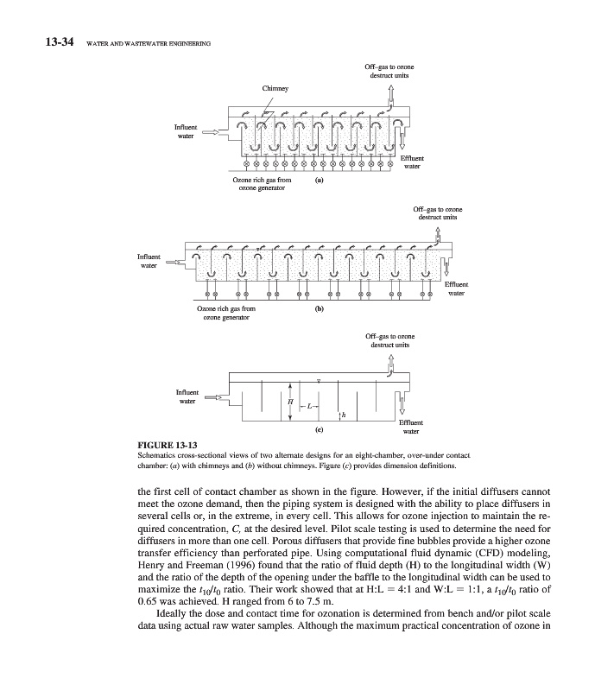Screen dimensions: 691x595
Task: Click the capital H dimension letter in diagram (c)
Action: tap(290, 403)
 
